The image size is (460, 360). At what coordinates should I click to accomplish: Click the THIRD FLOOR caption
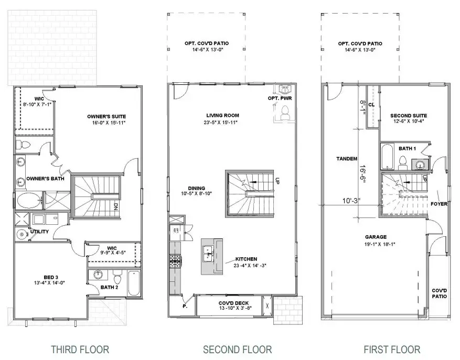79,349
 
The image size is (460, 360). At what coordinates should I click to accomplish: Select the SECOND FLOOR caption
237,349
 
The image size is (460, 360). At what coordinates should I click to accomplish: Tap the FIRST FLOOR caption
392,349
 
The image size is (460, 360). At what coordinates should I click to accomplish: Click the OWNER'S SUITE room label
107,116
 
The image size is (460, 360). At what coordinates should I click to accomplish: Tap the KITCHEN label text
246,259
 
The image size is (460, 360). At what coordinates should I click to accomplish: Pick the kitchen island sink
208,255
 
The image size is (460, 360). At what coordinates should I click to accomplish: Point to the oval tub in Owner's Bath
29,200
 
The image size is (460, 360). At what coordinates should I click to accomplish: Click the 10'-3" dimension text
352,200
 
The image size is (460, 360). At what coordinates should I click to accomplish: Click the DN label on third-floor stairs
115,206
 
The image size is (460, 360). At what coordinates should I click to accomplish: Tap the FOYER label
438,204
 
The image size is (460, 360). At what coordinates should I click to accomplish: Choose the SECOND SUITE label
409,116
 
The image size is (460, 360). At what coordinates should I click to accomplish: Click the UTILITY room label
39,232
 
